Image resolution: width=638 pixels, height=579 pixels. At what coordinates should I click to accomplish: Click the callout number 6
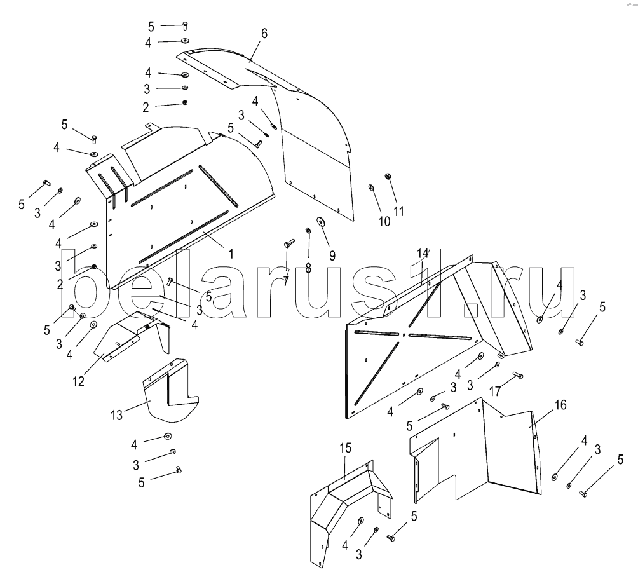(264, 33)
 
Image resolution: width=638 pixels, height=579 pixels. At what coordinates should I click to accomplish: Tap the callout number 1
(231, 254)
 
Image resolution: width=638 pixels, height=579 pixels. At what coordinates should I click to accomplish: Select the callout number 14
(423, 253)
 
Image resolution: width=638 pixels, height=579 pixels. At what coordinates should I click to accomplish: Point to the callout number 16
(560, 405)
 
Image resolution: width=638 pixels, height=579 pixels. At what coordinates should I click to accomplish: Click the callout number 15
(346, 448)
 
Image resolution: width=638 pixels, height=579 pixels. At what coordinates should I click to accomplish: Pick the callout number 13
(116, 416)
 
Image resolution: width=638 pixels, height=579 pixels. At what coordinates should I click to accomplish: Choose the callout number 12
(78, 381)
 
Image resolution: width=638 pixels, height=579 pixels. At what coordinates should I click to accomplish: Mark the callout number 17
(495, 392)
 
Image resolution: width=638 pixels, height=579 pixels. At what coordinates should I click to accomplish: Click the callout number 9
(332, 256)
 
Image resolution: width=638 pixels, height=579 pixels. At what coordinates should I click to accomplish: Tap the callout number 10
(384, 222)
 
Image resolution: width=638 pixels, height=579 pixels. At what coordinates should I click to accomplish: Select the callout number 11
(399, 211)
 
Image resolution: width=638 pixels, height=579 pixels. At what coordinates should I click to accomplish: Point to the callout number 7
(286, 281)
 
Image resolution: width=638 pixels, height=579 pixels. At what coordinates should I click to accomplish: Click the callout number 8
(308, 268)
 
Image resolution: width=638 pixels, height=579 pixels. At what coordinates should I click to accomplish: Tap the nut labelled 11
(388, 176)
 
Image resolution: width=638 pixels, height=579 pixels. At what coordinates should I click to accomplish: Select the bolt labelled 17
(518, 374)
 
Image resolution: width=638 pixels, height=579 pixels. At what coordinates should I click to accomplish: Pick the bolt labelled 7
(288, 244)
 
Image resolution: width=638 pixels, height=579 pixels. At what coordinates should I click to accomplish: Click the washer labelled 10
(372, 187)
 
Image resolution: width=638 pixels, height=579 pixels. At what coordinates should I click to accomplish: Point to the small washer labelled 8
(308, 231)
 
